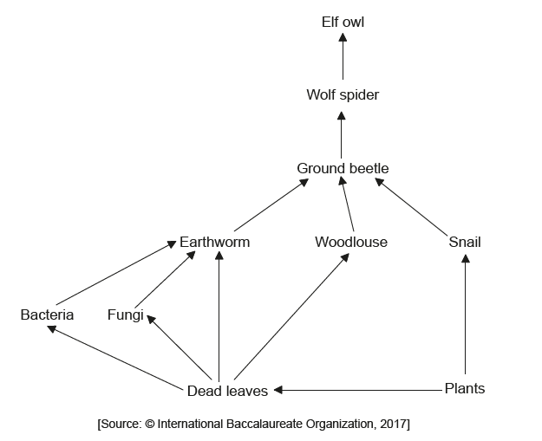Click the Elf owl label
click(343, 22)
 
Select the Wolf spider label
click(343, 94)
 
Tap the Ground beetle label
click(343, 168)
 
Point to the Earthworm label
click(214, 243)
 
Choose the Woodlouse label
click(351, 243)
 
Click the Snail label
click(465, 243)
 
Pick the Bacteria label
click(47, 315)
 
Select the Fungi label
click(125, 315)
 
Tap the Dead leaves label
click(228, 391)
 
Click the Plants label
click(465, 388)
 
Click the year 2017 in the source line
click(394, 424)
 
